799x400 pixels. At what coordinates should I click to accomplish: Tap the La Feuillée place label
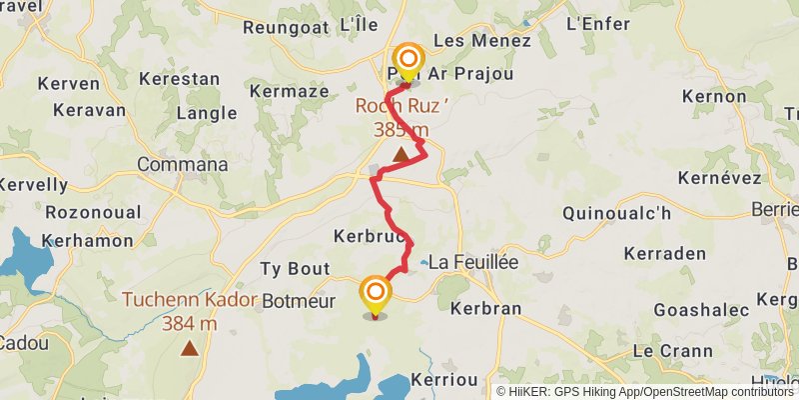473,260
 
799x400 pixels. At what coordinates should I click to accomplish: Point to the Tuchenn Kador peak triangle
190,349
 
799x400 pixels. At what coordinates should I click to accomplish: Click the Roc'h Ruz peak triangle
400,154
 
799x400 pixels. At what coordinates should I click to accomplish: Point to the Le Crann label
672,351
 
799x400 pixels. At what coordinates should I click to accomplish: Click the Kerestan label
180,77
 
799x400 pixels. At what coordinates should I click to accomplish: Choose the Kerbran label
486,308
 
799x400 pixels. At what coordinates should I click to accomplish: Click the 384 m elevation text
190,323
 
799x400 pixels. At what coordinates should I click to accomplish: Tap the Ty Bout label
295,268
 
